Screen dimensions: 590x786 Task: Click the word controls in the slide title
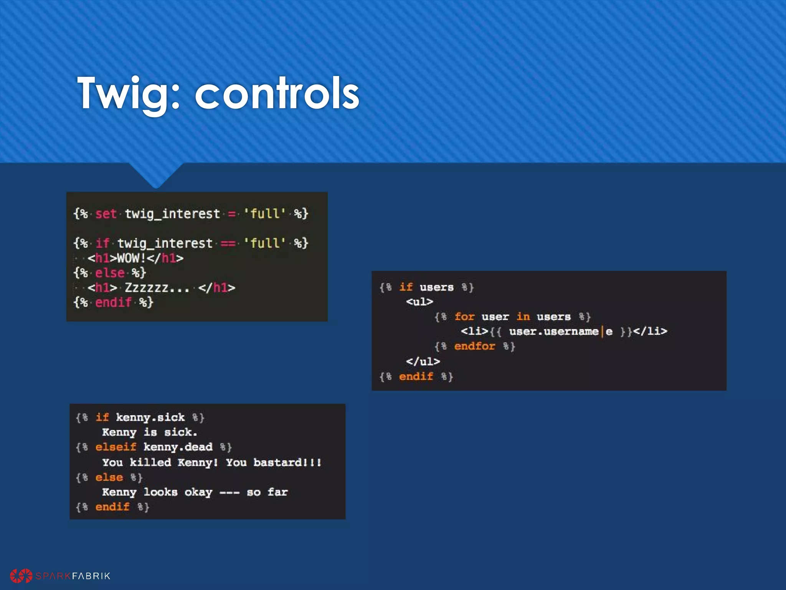tap(277, 93)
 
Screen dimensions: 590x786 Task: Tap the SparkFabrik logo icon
tap(21, 575)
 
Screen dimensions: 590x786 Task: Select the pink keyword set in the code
tap(106, 214)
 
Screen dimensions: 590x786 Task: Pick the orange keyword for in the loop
tap(464, 317)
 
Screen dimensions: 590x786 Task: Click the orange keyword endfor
tap(474, 346)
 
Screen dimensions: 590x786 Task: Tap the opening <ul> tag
tap(419, 302)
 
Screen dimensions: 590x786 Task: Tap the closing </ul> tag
tap(423, 361)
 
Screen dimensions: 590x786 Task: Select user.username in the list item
tap(553, 331)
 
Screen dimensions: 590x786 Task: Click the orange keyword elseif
tap(116, 447)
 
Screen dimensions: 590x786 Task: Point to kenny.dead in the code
tap(178, 447)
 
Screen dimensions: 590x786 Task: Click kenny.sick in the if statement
tap(150, 418)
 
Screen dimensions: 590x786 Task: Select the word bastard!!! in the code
tap(287, 462)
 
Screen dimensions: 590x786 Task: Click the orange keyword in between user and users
tap(523, 317)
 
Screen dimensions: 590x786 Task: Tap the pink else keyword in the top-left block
tap(110, 273)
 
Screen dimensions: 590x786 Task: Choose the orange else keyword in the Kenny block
tap(109, 477)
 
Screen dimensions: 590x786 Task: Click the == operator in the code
tap(228, 244)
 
